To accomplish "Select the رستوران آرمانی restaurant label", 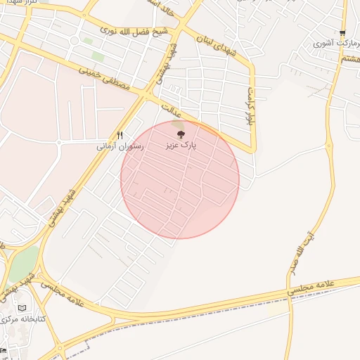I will tap(120, 147).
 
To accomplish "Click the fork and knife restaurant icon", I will tap(120, 136).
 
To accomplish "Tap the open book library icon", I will tap(22, 308).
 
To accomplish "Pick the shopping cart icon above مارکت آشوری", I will tap(342, 32).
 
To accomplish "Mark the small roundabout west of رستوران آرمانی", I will tap(59, 143).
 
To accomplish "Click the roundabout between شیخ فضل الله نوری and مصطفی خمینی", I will tap(74, 41).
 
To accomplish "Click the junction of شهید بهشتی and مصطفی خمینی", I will tap(147, 92).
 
